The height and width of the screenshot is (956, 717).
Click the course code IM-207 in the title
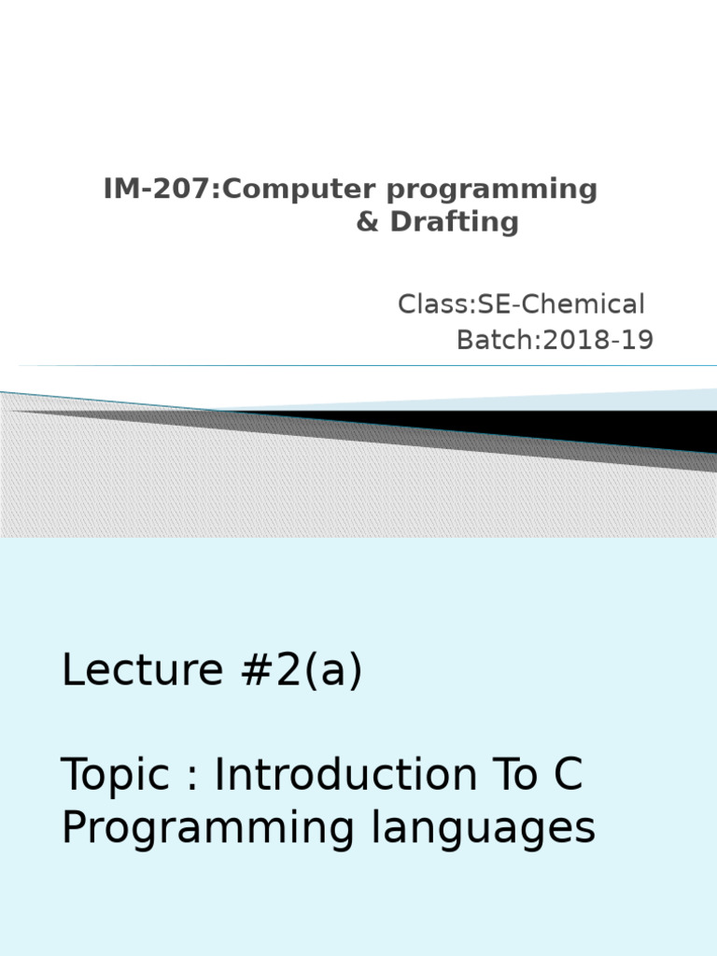(x=160, y=190)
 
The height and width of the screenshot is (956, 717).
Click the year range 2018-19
(x=598, y=341)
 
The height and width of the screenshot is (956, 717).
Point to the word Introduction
(x=358, y=775)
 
